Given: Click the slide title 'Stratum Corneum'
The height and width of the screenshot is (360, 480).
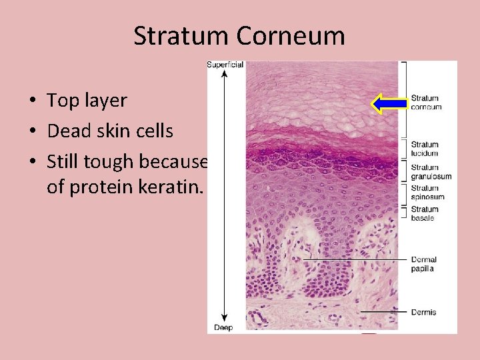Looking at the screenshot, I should click(239, 35).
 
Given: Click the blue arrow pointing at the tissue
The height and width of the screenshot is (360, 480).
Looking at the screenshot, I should click(389, 103).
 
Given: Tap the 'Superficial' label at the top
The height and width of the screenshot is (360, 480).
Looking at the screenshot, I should click(225, 65).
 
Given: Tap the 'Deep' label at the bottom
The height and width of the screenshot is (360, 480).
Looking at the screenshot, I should click(223, 327).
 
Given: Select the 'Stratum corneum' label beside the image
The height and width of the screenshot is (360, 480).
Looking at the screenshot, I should click(426, 103).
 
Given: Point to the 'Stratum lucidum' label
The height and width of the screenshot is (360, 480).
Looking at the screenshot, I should click(425, 149).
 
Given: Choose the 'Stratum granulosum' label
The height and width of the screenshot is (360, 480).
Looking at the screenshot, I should click(431, 172).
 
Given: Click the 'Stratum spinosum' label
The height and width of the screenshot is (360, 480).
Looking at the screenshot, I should click(427, 193).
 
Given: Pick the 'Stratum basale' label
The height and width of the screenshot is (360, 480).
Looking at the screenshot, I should click(425, 213).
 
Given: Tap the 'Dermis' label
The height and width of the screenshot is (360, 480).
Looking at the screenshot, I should click(423, 312).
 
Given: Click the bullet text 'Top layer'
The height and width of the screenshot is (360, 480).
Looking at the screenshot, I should click(87, 100).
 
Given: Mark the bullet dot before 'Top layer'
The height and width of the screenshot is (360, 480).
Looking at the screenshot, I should click(32, 101).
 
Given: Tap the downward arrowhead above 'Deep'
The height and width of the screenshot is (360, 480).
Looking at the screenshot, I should click(225, 318).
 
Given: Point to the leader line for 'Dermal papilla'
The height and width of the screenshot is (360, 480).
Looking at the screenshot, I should click(353, 259).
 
